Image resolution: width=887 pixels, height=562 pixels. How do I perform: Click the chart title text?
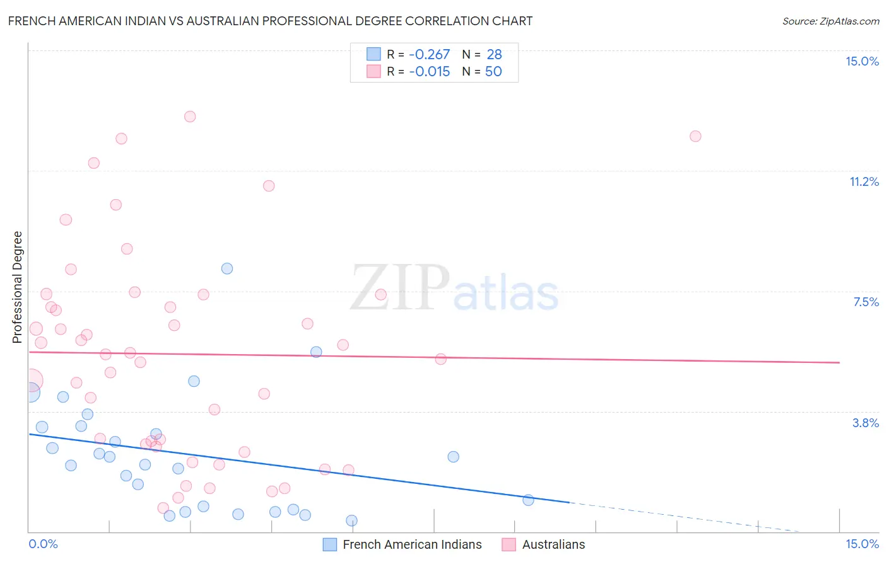[270, 21]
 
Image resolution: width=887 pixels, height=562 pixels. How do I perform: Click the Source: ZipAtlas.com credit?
[830, 21]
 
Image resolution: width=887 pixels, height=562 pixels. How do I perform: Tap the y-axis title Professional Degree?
[17, 287]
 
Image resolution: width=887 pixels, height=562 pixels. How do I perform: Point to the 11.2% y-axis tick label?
[864, 181]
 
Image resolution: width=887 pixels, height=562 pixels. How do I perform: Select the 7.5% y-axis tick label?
[866, 302]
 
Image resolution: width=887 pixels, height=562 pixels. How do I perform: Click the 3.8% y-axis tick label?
[866, 423]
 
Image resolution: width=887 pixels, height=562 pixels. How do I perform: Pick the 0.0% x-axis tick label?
[43, 544]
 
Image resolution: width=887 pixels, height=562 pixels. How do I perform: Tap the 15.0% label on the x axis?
[862, 544]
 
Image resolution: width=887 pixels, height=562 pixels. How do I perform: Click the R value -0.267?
[429, 55]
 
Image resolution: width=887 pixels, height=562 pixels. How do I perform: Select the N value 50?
[493, 72]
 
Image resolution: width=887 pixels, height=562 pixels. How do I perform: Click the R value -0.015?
[429, 72]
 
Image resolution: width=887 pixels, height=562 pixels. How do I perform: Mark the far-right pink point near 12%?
[695, 136]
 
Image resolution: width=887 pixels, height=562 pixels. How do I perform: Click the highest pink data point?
[190, 117]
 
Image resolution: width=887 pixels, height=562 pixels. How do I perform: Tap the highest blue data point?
[227, 268]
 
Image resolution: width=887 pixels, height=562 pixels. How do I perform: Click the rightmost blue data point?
[528, 500]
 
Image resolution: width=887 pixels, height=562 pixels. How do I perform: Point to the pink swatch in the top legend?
[373, 71]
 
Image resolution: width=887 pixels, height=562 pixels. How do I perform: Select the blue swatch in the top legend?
[373, 54]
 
